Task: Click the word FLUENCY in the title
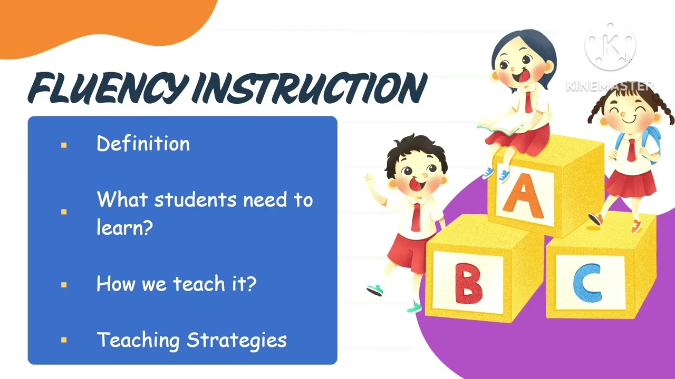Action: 108,88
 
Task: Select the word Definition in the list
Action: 143,144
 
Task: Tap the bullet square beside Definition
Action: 64,145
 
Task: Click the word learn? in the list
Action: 124,227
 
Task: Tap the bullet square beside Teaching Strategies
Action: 64,340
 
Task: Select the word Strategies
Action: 237,340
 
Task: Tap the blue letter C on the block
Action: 586,285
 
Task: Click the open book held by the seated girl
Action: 499,126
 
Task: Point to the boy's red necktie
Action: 416,216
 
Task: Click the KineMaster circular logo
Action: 610,46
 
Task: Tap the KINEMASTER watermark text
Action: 610,86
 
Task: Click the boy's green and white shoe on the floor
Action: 375,290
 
